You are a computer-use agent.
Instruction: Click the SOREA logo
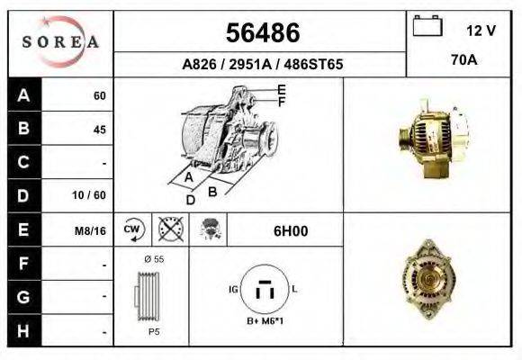pyautogui.click(x=59, y=42)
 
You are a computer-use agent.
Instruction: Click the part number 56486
pyautogui.click(x=262, y=33)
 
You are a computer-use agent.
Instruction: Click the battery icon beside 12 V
pyautogui.click(x=426, y=27)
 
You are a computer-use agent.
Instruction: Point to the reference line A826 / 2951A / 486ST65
pyautogui.click(x=262, y=65)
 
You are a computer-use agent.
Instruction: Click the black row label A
pyautogui.click(x=23, y=96)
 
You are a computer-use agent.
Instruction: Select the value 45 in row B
pyautogui.click(x=99, y=130)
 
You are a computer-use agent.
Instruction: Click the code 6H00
pyautogui.click(x=291, y=230)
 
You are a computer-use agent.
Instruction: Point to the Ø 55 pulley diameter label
pyautogui.click(x=152, y=258)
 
